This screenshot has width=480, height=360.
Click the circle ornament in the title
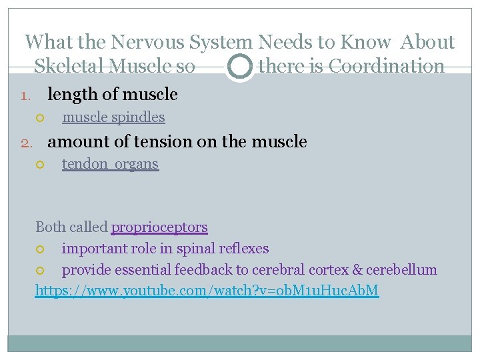point(239,67)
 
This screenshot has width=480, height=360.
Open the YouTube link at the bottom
point(207,291)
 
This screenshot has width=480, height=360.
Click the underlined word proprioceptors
point(159,227)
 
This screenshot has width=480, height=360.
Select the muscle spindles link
point(113,117)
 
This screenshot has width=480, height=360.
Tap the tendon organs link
point(110,164)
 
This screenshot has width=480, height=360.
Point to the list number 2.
point(25,142)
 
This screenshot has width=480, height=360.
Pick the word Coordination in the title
point(387,67)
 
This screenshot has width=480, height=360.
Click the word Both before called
point(51,227)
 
